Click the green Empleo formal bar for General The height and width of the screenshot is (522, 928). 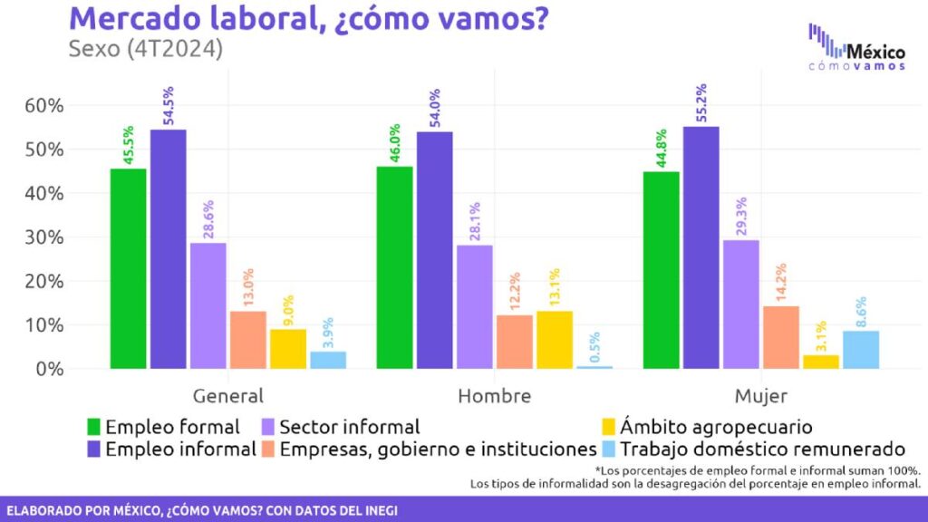128,268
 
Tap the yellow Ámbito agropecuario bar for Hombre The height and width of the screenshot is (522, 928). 554,340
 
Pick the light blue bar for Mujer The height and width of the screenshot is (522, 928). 860,350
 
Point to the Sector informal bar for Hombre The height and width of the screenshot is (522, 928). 474,306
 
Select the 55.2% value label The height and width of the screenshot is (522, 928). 701,101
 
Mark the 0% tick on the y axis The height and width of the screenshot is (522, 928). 50,369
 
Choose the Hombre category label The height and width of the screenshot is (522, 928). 494,396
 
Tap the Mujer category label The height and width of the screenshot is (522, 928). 761,396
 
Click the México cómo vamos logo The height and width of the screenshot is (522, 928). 855,51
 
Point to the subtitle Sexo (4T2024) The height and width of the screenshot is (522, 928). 146,49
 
